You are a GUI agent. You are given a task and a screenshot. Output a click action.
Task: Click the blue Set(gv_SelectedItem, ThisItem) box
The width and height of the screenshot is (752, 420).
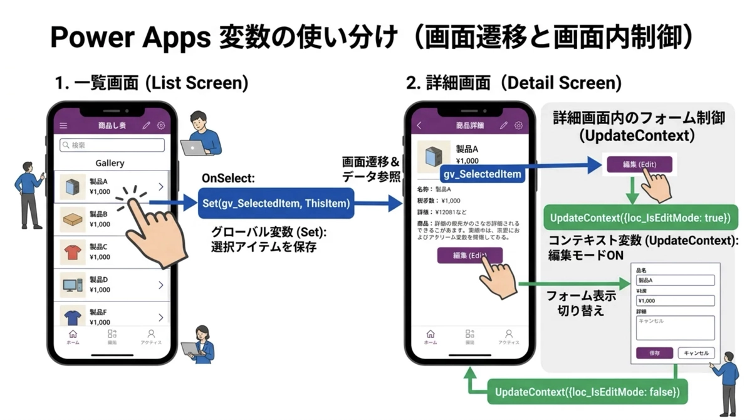[x=276, y=203]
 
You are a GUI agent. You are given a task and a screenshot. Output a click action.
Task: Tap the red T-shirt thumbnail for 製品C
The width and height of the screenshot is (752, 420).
[x=72, y=252]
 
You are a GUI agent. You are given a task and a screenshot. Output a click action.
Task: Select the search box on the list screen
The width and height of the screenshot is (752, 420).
[x=112, y=145]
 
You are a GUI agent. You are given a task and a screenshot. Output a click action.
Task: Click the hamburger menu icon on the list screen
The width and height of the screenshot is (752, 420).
[x=63, y=125]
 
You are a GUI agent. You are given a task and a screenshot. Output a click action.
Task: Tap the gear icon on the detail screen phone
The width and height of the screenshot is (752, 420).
[x=518, y=125]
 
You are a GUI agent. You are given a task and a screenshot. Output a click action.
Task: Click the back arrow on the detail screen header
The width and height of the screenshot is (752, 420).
[x=419, y=125]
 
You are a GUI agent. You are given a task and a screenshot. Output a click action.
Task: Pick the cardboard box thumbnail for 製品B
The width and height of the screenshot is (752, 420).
[x=72, y=219]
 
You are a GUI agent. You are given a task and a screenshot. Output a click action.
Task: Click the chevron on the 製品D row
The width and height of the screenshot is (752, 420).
[x=161, y=285]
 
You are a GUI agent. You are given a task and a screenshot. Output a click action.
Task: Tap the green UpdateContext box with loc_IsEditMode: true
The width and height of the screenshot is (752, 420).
[x=640, y=218]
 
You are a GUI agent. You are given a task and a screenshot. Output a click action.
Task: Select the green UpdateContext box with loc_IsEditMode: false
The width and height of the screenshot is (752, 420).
[x=587, y=392]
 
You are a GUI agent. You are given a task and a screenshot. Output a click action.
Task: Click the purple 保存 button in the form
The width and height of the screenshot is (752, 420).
[x=654, y=354]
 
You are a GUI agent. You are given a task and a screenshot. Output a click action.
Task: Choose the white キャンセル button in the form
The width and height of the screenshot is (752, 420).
[x=696, y=354]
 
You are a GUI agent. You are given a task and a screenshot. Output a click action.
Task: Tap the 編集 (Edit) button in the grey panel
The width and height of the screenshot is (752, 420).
[x=639, y=164]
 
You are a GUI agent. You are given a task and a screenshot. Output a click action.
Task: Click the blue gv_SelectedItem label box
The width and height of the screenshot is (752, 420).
[x=482, y=173]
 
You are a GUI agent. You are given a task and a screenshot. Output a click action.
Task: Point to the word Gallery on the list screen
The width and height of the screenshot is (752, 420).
[x=110, y=163]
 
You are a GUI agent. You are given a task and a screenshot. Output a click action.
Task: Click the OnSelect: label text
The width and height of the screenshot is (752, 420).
[x=228, y=179]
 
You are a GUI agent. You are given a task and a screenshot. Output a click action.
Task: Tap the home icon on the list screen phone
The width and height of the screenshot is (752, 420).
[x=73, y=335]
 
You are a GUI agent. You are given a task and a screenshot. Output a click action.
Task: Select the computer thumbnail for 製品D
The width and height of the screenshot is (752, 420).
[x=72, y=285]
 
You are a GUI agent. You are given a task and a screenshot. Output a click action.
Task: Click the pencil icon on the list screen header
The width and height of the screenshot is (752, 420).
[x=146, y=125]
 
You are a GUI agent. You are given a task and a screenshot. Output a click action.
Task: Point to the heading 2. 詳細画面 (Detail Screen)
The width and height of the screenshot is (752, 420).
[x=514, y=83]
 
